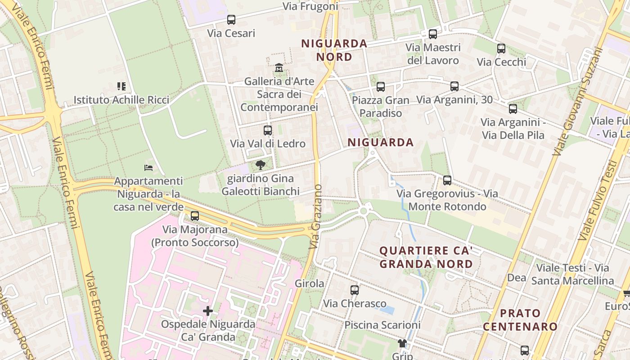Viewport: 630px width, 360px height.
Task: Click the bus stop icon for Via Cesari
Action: click(x=231, y=20)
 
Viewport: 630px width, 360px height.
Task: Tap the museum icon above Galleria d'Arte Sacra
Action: click(x=279, y=68)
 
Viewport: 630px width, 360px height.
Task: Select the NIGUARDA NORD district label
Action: click(x=334, y=50)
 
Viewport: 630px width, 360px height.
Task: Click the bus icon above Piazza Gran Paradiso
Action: click(x=381, y=87)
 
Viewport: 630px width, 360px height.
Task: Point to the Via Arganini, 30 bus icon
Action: click(x=454, y=86)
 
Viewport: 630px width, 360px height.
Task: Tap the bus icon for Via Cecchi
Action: click(x=501, y=49)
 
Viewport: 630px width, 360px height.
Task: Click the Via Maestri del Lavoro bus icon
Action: click(x=433, y=34)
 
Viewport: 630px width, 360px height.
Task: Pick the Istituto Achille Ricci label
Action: click(x=121, y=100)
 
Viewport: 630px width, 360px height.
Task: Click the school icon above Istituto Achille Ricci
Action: click(x=121, y=86)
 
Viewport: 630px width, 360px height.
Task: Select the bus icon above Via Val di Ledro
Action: click(x=268, y=130)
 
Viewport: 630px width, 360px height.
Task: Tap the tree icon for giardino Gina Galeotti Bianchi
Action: click(x=260, y=165)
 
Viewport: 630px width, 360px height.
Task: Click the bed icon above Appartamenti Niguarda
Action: click(x=148, y=168)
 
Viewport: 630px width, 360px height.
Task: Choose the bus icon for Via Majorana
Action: click(x=195, y=216)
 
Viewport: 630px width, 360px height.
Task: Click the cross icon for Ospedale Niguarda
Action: click(x=208, y=311)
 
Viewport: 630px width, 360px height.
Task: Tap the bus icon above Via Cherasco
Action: click(x=355, y=290)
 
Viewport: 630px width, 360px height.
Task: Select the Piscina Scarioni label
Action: click(x=382, y=325)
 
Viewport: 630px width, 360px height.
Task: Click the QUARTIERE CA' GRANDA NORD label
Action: click(x=426, y=257)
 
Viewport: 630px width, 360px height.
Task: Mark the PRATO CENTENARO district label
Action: click(x=520, y=320)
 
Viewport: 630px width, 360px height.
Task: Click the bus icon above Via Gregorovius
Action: click(x=447, y=180)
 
